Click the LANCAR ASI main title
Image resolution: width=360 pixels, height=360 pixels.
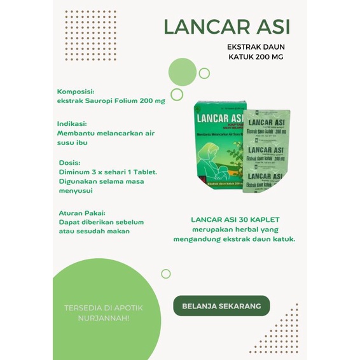(x=227, y=27)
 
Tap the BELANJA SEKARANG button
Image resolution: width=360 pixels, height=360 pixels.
(x=221, y=306)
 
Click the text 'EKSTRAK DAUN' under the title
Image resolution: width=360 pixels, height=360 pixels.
(x=256, y=46)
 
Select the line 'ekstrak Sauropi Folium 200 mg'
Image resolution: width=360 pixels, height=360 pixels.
(x=111, y=100)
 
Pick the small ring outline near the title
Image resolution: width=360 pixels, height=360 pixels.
(x=204, y=73)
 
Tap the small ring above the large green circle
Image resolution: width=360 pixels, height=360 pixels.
(x=166, y=273)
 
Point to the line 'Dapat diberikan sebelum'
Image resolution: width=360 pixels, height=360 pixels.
(x=102, y=222)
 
